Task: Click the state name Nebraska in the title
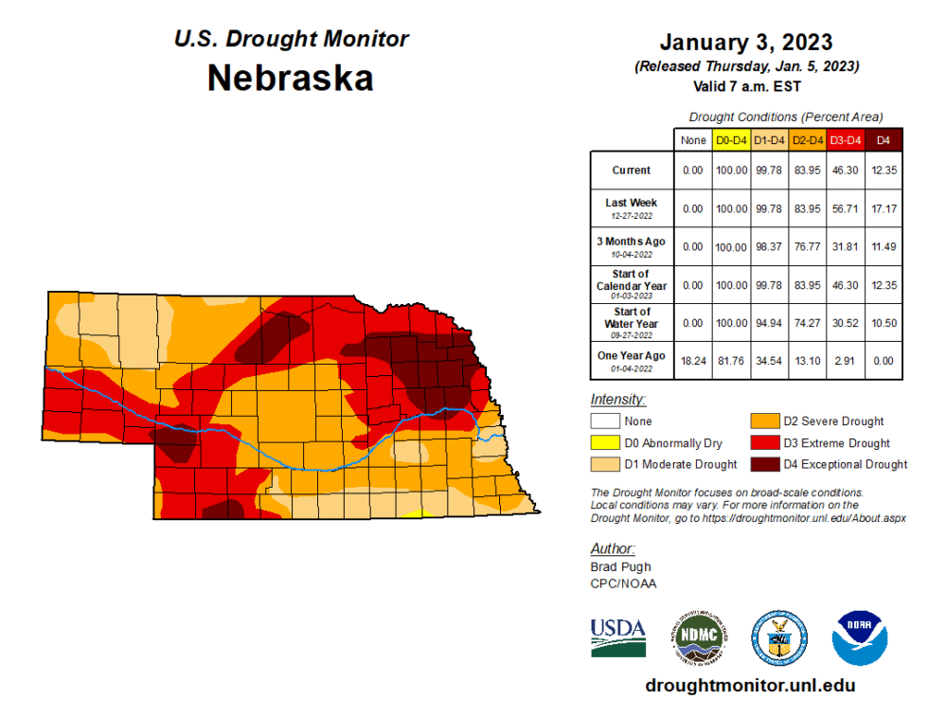pos(291,78)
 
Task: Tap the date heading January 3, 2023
pos(745,43)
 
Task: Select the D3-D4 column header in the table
pos(845,140)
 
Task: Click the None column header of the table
pos(693,140)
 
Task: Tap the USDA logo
pos(618,637)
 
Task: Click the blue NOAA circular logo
pos(859,637)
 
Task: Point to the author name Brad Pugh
pos(621,566)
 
